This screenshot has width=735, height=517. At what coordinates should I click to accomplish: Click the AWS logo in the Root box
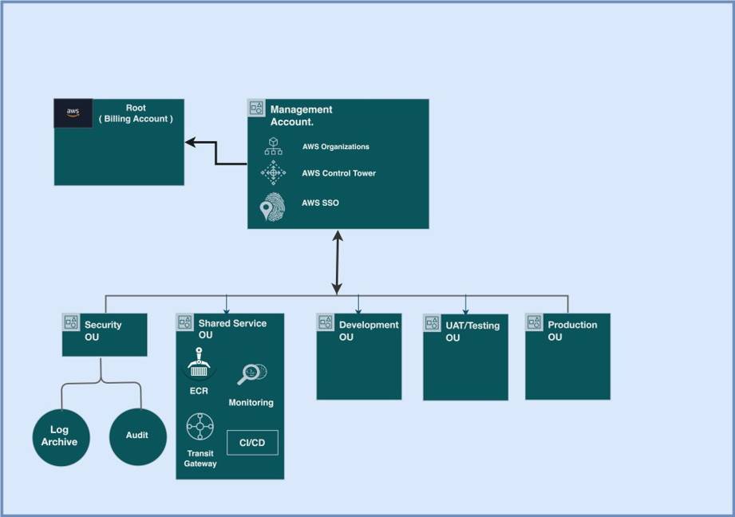(x=73, y=112)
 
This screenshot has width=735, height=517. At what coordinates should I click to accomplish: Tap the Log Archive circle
(x=60, y=436)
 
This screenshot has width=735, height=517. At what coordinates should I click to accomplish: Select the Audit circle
(x=137, y=436)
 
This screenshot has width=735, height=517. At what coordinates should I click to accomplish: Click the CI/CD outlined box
(x=252, y=443)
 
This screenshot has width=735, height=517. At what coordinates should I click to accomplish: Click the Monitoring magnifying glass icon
(x=251, y=373)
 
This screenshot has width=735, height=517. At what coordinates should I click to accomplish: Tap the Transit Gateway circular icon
(x=200, y=427)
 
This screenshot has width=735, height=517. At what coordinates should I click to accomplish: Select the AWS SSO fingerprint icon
(x=271, y=206)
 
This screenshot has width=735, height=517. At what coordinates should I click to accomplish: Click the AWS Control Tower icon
(x=273, y=172)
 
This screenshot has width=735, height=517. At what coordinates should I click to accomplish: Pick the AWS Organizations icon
(x=273, y=147)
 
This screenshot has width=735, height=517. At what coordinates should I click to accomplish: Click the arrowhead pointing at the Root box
(x=190, y=142)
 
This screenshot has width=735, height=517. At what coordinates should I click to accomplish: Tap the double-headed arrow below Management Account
(x=338, y=262)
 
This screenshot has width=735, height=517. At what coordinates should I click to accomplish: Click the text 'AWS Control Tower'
(x=338, y=173)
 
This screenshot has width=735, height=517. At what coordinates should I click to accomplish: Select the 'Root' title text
(x=136, y=109)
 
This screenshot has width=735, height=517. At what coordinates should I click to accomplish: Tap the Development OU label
(x=368, y=330)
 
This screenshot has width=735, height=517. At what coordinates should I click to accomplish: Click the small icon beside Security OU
(x=71, y=322)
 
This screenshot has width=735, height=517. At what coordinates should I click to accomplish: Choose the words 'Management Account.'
(x=302, y=116)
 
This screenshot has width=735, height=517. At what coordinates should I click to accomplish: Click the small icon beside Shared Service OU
(x=184, y=322)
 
